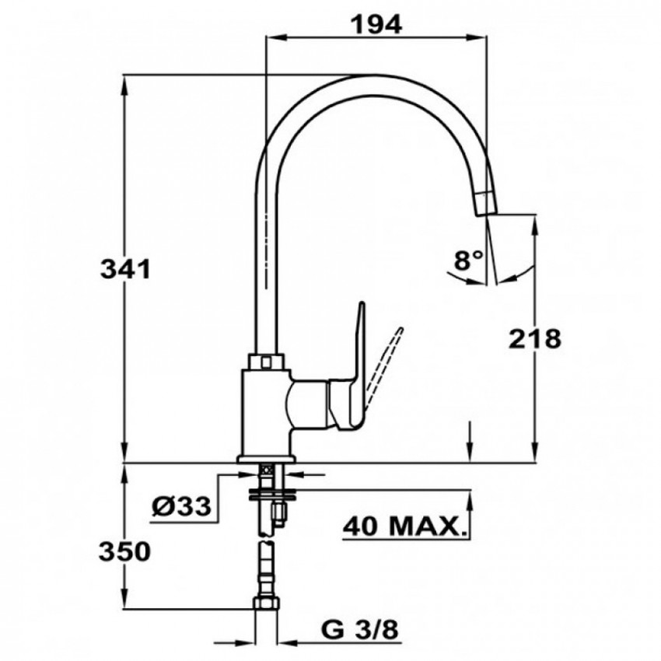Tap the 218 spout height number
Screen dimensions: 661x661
(x=535, y=338)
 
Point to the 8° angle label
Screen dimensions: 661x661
(x=468, y=260)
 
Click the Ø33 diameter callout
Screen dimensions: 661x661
(x=181, y=506)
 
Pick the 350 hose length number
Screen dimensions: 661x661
(x=124, y=551)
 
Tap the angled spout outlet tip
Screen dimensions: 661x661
(x=485, y=204)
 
